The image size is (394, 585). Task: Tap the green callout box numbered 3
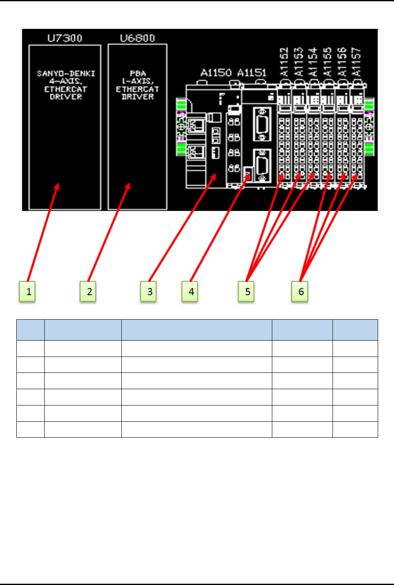coord(149,292)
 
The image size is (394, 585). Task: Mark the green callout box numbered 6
coord(300,292)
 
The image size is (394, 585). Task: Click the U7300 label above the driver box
coord(65,38)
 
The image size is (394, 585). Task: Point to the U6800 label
coord(137,38)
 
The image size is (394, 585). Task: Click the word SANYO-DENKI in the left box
coord(66,73)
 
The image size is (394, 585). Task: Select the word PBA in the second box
coord(138,73)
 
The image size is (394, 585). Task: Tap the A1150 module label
coord(216,73)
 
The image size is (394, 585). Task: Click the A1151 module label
coord(252,73)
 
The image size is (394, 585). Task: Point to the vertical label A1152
coord(284,62)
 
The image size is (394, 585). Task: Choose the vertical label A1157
coord(356,62)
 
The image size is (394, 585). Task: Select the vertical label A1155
coord(327,62)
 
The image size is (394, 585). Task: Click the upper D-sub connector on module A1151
coord(262,124)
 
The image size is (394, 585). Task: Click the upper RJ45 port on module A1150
coord(196,124)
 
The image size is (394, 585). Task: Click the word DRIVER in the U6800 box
coord(138,97)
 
